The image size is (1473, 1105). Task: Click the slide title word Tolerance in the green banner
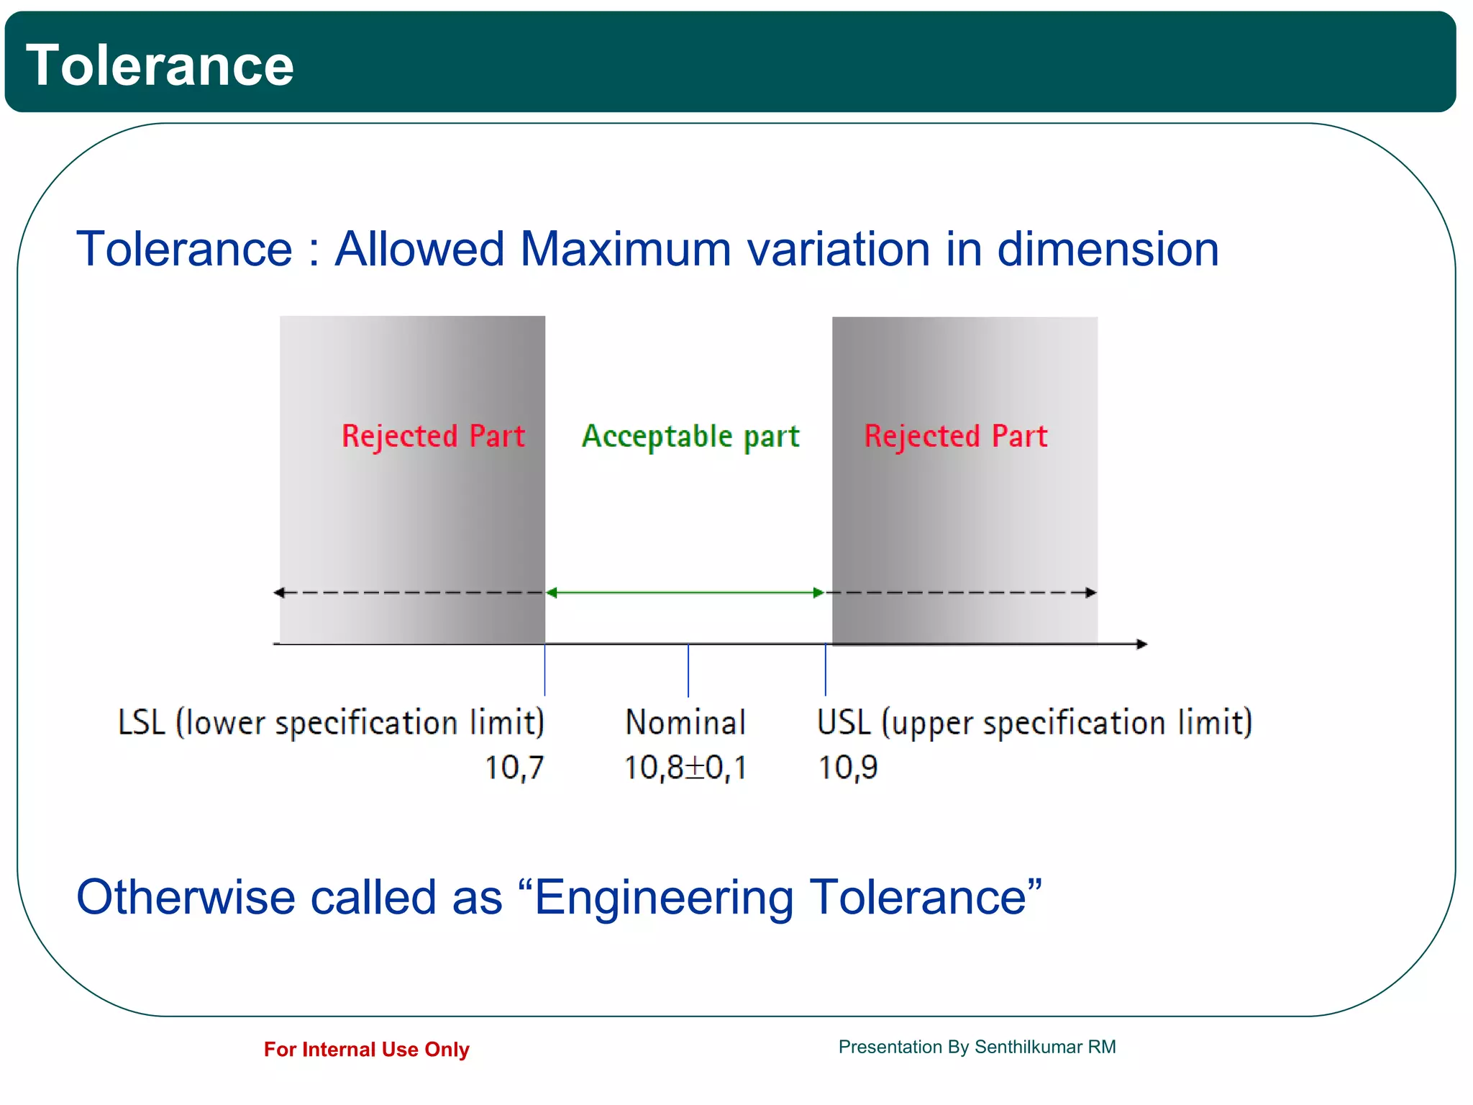coord(160,65)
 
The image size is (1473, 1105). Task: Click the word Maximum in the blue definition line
coord(625,249)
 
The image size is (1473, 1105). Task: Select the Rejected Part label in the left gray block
coord(433,437)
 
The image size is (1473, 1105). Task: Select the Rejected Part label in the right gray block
coord(955,437)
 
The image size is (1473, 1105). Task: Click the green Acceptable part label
coord(690,437)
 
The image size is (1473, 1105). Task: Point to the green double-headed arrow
coord(685,593)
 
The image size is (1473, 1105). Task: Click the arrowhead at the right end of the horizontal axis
coord(1141,644)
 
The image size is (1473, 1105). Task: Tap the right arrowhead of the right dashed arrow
coord(1091,593)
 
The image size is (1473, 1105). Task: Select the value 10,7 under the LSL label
coord(514,768)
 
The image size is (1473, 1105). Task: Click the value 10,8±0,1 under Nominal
coord(685,768)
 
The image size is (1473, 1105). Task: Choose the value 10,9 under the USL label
coord(848,768)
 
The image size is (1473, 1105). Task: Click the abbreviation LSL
coord(142,722)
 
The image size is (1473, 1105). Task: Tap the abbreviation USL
coord(844,722)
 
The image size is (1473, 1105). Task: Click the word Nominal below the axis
coord(685,722)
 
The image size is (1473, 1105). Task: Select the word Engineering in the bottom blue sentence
coord(663,898)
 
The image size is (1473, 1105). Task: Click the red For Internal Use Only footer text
coord(366,1050)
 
